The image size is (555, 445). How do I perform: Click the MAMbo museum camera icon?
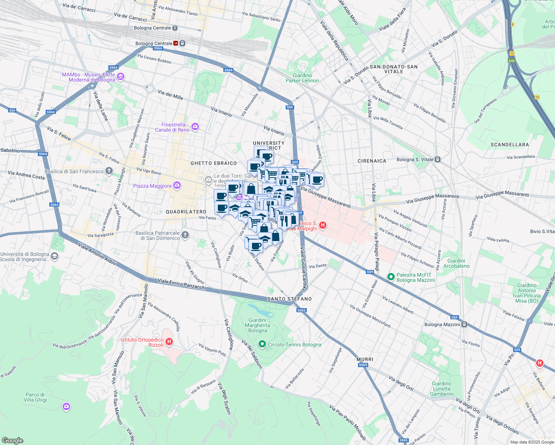click(121, 77)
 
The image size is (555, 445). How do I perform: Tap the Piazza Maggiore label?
click(152, 186)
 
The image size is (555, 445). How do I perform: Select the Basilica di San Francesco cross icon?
click(109, 171)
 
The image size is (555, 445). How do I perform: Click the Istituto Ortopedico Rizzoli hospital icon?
click(169, 342)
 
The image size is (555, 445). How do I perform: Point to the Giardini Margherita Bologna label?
click(257, 325)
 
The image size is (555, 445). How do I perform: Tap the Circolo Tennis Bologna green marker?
click(262, 345)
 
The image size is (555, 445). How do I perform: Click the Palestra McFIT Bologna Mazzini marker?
click(391, 277)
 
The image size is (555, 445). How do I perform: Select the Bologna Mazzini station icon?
click(464, 324)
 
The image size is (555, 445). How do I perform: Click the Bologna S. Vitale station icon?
click(438, 159)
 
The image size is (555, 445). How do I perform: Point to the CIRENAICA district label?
click(372, 161)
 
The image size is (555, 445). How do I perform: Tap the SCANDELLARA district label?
click(509, 145)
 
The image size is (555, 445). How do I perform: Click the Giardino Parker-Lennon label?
click(302, 78)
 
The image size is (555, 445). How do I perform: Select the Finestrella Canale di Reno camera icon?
click(195, 127)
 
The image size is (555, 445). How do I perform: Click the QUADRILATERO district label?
click(186, 212)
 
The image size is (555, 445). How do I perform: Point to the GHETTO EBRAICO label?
click(214, 163)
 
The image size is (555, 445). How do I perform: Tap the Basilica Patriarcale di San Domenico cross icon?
click(185, 235)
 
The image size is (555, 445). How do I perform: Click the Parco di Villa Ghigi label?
click(36, 397)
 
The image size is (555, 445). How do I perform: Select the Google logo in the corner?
click(12, 441)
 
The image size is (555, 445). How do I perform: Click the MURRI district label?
click(365, 359)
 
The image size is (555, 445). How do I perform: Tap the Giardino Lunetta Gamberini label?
click(441, 389)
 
